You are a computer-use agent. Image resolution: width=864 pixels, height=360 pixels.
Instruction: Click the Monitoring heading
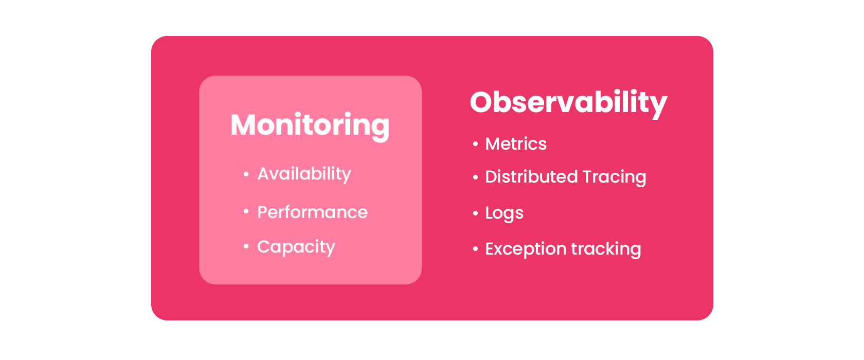[310, 126]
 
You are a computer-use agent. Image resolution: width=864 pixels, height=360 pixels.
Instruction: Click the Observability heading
[569, 103]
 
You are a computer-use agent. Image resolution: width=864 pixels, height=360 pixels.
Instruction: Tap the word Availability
[304, 174]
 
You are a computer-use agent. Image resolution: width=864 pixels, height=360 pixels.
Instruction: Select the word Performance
[313, 212]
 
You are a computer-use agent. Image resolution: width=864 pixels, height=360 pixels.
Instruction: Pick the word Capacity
[296, 247]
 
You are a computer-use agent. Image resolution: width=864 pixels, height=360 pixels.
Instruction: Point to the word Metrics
[516, 144]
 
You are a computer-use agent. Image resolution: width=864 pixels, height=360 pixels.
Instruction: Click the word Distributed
[532, 177]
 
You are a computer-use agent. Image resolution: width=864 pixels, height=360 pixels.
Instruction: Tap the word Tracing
[615, 177]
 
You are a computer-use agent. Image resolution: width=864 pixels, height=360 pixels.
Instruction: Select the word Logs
[504, 213]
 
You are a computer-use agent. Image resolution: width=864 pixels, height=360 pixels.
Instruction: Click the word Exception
[526, 249]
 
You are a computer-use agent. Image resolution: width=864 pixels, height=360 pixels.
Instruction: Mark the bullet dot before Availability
[246, 174]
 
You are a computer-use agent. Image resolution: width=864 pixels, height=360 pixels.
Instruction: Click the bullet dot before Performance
[246, 211]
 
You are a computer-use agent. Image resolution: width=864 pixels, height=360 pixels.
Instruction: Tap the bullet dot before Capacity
[246, 246]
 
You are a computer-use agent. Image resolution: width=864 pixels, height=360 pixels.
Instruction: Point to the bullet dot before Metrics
[475, 144]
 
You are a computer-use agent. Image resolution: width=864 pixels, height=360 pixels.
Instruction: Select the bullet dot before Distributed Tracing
[475, 177]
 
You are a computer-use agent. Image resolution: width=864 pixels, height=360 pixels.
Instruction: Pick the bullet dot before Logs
[475, 213]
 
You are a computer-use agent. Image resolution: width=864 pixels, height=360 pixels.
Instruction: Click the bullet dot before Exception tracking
[475, 249]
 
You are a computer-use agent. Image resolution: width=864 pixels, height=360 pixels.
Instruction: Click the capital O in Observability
[482, 102]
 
